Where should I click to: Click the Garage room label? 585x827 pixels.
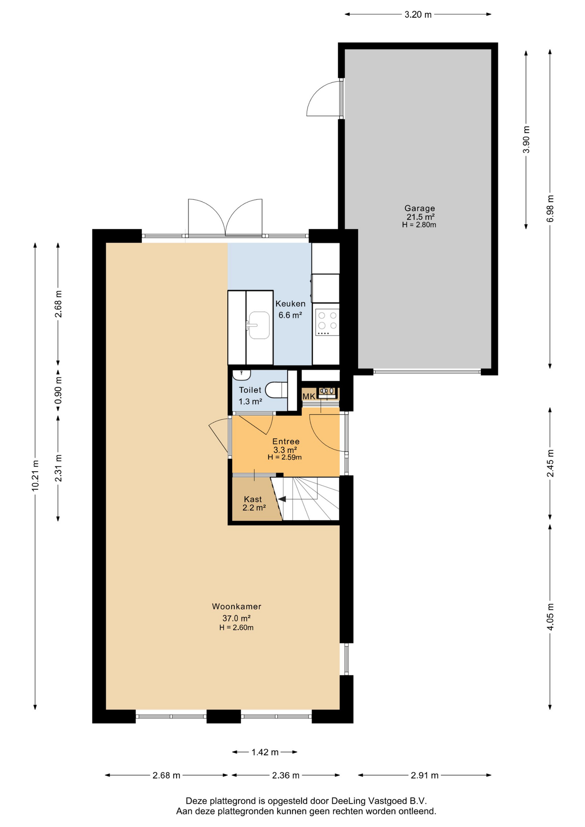pyautogui.click(x=419, y=208)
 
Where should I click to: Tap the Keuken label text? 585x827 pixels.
pyautogui.click(x=290, y=304)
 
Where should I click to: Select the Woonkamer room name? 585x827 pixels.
pyautogui.click(x=236, y=606)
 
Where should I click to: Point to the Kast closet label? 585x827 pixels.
pyautogui.click(x=253, y=499)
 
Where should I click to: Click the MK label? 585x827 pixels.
pyautogui.click(x=309, y=396)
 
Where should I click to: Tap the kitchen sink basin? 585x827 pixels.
pyautogui.click(x=259, y=325)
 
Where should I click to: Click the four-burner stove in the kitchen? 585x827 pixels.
pyautogui.click(x=327, y=322)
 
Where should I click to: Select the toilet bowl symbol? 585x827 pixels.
pyautogui.click(x=276, y=390)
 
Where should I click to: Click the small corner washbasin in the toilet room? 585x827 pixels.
pyautogui.click(x=241, y=375)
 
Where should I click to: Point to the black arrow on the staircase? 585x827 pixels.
pyautogui.click(x=282, y=499)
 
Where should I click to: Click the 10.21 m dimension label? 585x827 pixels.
pyautogui.click(x=35, y=476)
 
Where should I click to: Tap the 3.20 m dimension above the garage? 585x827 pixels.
pyautogui.click(x=418, y=15)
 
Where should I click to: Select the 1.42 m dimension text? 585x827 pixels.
pyautogui.click(x=265, y=752)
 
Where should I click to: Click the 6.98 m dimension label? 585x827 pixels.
pyautogui.click(x=550, y=209)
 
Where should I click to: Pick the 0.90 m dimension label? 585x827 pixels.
pyautogui.click(x=58, y=390)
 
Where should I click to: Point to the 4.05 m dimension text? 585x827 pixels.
pyautogui.click(x=550, y=617)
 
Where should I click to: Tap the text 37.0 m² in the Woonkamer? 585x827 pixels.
pyautogui.click(x=236, y=618)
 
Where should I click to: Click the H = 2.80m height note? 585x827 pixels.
pyautogui.click(x=419, y=224)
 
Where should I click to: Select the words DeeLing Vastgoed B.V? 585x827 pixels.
pyautogui.click(x=379, y=801)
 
